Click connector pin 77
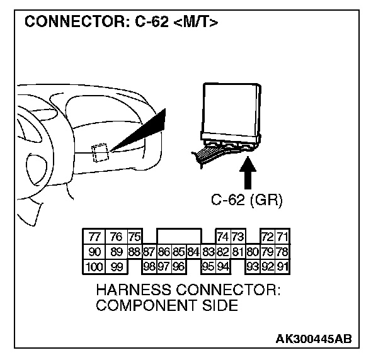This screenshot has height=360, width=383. (94, 237)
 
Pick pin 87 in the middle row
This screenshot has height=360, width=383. (149, 252)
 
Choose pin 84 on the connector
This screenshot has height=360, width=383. (193, 252)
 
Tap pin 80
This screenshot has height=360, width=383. (252, 252)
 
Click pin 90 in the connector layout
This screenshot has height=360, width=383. (94, 252)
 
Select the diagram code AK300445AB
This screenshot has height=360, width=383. (313, 339)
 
